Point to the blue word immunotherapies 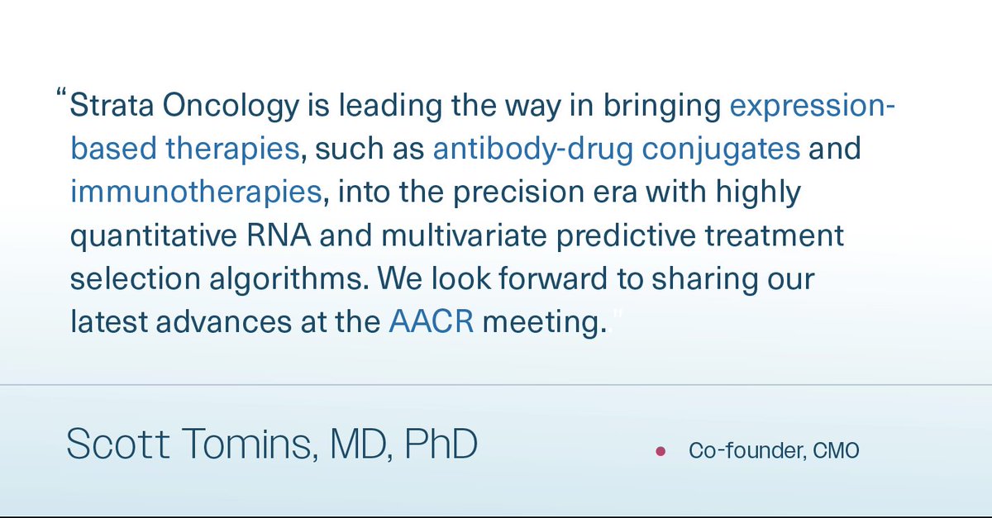click(196, 192)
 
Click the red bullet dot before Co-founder click(660, 452)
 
